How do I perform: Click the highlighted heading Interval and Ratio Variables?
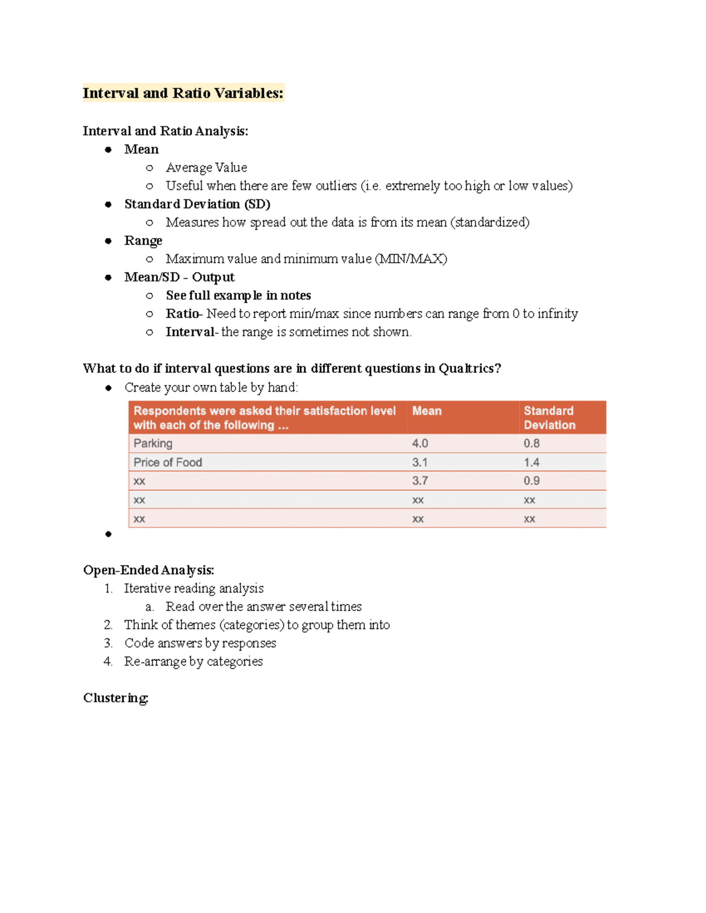(183, 93)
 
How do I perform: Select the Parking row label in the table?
(153, 443)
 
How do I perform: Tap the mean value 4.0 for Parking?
(420, 443)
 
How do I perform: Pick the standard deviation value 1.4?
(532, 462)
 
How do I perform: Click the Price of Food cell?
(168, 462)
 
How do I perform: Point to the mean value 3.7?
(420, 481)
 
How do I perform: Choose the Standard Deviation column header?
(550, 417)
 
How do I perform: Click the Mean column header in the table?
(427, 411)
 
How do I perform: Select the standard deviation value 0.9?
(532, 481)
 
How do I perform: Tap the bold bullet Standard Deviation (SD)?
(197, 204)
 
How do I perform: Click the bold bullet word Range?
(143, 240)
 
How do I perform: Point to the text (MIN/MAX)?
(411, 259)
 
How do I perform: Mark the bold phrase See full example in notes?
(238, 295)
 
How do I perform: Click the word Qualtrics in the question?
(470, 369)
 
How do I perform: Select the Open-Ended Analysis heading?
(148, 570)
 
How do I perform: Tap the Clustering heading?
(115, 698)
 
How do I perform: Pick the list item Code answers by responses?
(200, 643)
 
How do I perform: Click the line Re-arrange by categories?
(194, 661)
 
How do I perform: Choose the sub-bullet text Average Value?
(207, 168)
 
